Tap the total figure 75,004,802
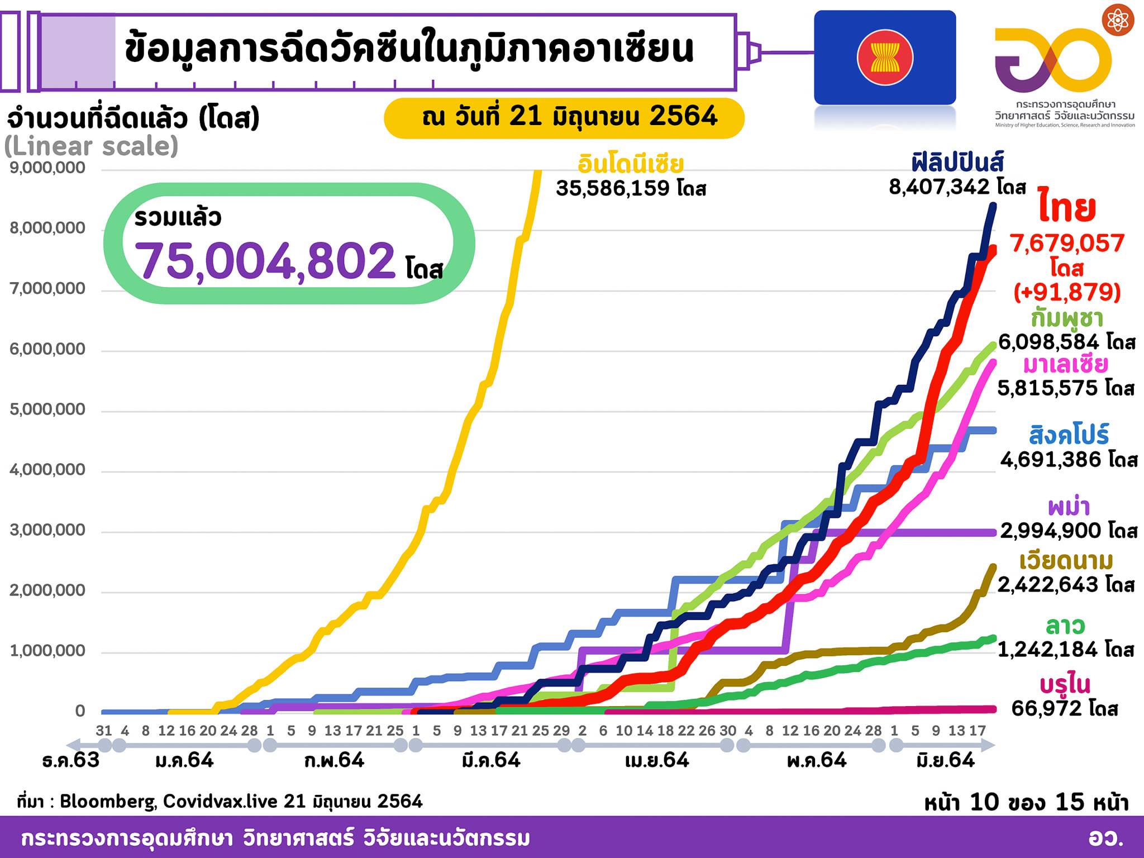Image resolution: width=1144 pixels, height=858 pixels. (265, 260)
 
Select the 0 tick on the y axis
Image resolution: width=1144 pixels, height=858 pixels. (80, 711)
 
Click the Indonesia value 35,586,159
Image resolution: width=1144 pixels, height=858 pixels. (613, 188)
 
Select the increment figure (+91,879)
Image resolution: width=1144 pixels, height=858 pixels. (1067, 292)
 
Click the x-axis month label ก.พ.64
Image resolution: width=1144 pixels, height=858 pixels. (335, 760)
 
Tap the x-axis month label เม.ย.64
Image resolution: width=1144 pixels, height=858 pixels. (657, 760)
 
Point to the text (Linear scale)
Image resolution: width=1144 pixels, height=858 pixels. (92, 146)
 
